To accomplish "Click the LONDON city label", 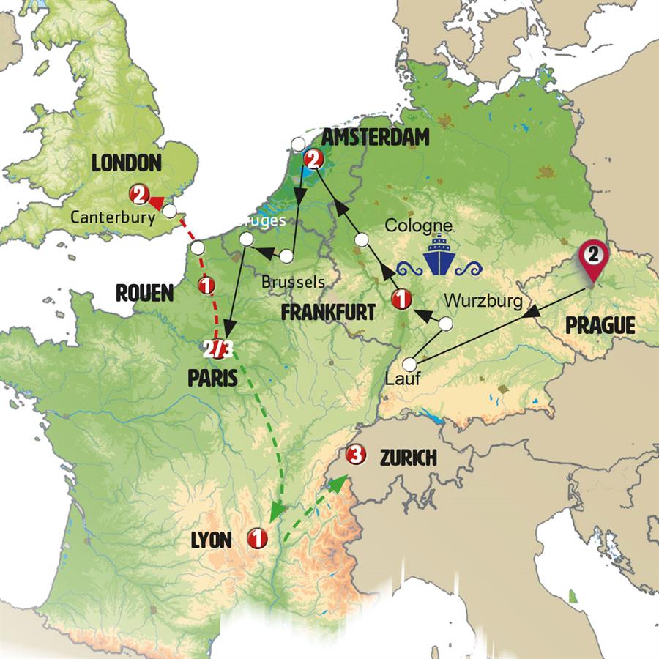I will click(126, 163).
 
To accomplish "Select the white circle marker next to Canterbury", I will click(170, 211).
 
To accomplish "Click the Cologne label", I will click(418, 226).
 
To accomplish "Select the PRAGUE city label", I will click(600, 324).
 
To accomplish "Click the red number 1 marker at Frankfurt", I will click(401, 298).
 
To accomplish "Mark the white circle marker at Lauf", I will click(410, 364).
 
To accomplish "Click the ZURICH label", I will click(408, 458).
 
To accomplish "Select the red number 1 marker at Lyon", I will click(257, 538).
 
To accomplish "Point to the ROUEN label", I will click(145, 294).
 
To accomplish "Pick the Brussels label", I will click(293, 281).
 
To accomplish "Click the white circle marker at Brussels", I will click(286, 256).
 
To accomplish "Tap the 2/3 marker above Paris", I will click(218, 350).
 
